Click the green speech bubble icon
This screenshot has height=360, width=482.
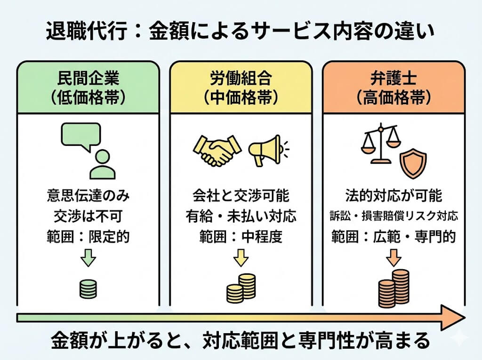[81, 135]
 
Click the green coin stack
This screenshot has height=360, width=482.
[88, 288]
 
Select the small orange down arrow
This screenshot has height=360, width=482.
[394, 257]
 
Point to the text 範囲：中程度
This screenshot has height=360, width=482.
[241, 236]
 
